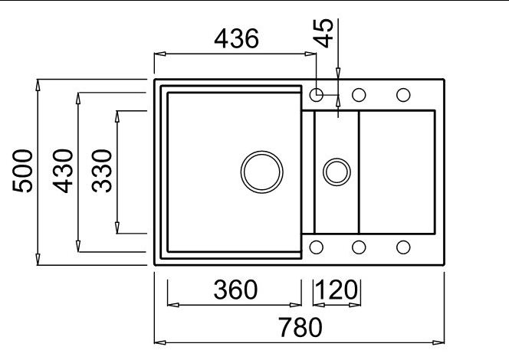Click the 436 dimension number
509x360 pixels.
[x=236, y=38]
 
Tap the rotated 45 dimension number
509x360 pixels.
[x=323, y=33]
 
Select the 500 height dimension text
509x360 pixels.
[x=22, y=171]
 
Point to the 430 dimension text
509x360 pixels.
[x=63, y=171]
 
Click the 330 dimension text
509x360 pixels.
[x=102, y=171]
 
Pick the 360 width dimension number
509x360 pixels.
[x=235, y=290]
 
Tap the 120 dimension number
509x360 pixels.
[x=337, y=290]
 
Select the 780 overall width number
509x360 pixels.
[x=300, y=327]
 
